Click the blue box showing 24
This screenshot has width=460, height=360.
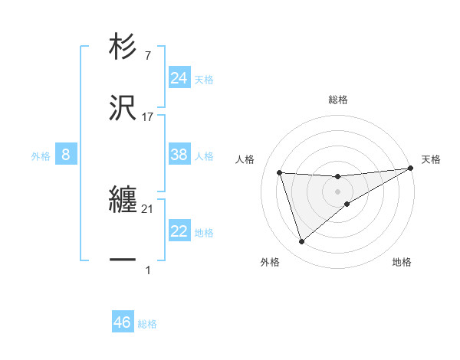[x=179, y=78]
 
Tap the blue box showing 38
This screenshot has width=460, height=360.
[x=179, y=155]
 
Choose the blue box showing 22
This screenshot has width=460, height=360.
[x=179, y=232]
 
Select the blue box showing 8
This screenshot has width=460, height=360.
[x=65, y=155]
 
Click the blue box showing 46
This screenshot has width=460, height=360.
[x=122, y=322]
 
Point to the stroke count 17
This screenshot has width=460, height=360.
[x=148, y=117]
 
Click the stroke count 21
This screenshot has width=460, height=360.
[x=148, y=209]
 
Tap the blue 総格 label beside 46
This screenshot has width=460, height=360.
[x=147, y=324]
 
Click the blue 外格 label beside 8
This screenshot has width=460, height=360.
[x=41, y=156]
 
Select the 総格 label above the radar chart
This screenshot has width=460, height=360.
[x=337, y=100]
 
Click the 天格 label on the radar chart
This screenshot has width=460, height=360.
[x=431, y=159]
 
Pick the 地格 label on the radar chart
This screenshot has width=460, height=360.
[x=402, y=262]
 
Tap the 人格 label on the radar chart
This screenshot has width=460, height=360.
[x=245, y=159]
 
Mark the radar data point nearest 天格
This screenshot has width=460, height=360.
[x=411, y=169]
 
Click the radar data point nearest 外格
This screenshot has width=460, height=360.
[x=301, y=242]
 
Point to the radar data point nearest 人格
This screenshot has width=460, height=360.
[x=280, y=172]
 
